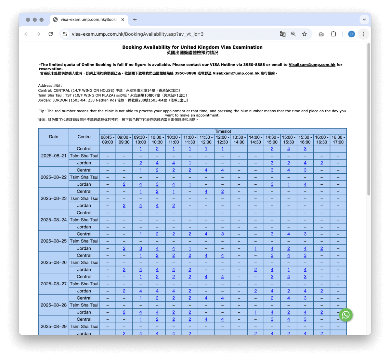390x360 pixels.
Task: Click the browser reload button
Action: point(51,34)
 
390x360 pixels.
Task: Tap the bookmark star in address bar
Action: point(304,34)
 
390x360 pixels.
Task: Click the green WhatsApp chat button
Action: point(346,315)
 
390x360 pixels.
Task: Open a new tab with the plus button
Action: point(135,19)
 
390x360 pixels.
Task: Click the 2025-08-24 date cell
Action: point(54,220)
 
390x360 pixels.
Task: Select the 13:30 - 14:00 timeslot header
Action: point(239,140)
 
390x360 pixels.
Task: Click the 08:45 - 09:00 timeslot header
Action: point(108,140)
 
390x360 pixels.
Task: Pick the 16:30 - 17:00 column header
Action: point(338,140)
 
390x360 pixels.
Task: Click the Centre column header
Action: point(84,137)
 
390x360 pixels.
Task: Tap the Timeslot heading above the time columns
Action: point(223,131)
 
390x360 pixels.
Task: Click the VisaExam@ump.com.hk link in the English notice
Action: point(312,65)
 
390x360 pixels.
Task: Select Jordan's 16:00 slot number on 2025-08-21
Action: point(321,163)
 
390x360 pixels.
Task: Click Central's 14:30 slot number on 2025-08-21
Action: point(272,149)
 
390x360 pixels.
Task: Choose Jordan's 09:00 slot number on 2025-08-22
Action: point(124,184)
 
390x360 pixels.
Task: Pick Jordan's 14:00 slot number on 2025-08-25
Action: point(255,248)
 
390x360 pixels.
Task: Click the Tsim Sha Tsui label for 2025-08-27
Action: point(84,284)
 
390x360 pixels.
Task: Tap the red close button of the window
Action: point(28,19)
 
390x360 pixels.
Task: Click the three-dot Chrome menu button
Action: point(363,34)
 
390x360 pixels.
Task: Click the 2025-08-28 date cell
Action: point(54,305)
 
